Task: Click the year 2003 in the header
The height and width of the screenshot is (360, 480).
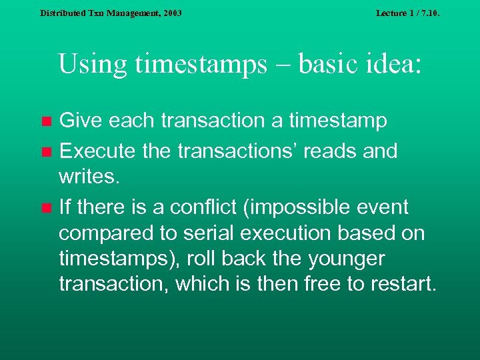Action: (171, 13)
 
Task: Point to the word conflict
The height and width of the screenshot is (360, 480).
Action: (200, 207)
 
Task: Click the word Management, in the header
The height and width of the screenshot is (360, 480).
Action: (125, 13)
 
